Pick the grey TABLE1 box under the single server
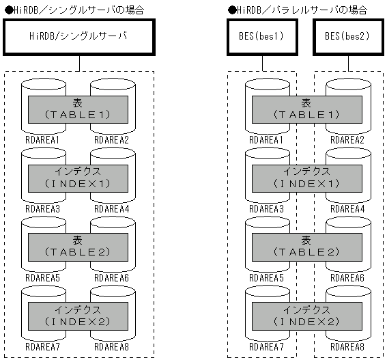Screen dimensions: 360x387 coord(78,109)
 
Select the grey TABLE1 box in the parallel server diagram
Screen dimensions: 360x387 coord(306,109)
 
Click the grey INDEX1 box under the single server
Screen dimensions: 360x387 coord(78,178)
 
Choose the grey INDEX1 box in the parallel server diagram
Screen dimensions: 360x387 coord(306,178)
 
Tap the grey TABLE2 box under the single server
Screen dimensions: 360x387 coord(78,247)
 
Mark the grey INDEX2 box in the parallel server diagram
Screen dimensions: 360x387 coord(306,315)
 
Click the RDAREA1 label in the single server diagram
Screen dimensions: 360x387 coord(42,140)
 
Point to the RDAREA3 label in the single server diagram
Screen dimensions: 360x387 coord(42,208)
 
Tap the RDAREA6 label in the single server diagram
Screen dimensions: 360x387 coord(111,277)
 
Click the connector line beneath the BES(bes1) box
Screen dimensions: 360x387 coord(263,63)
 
